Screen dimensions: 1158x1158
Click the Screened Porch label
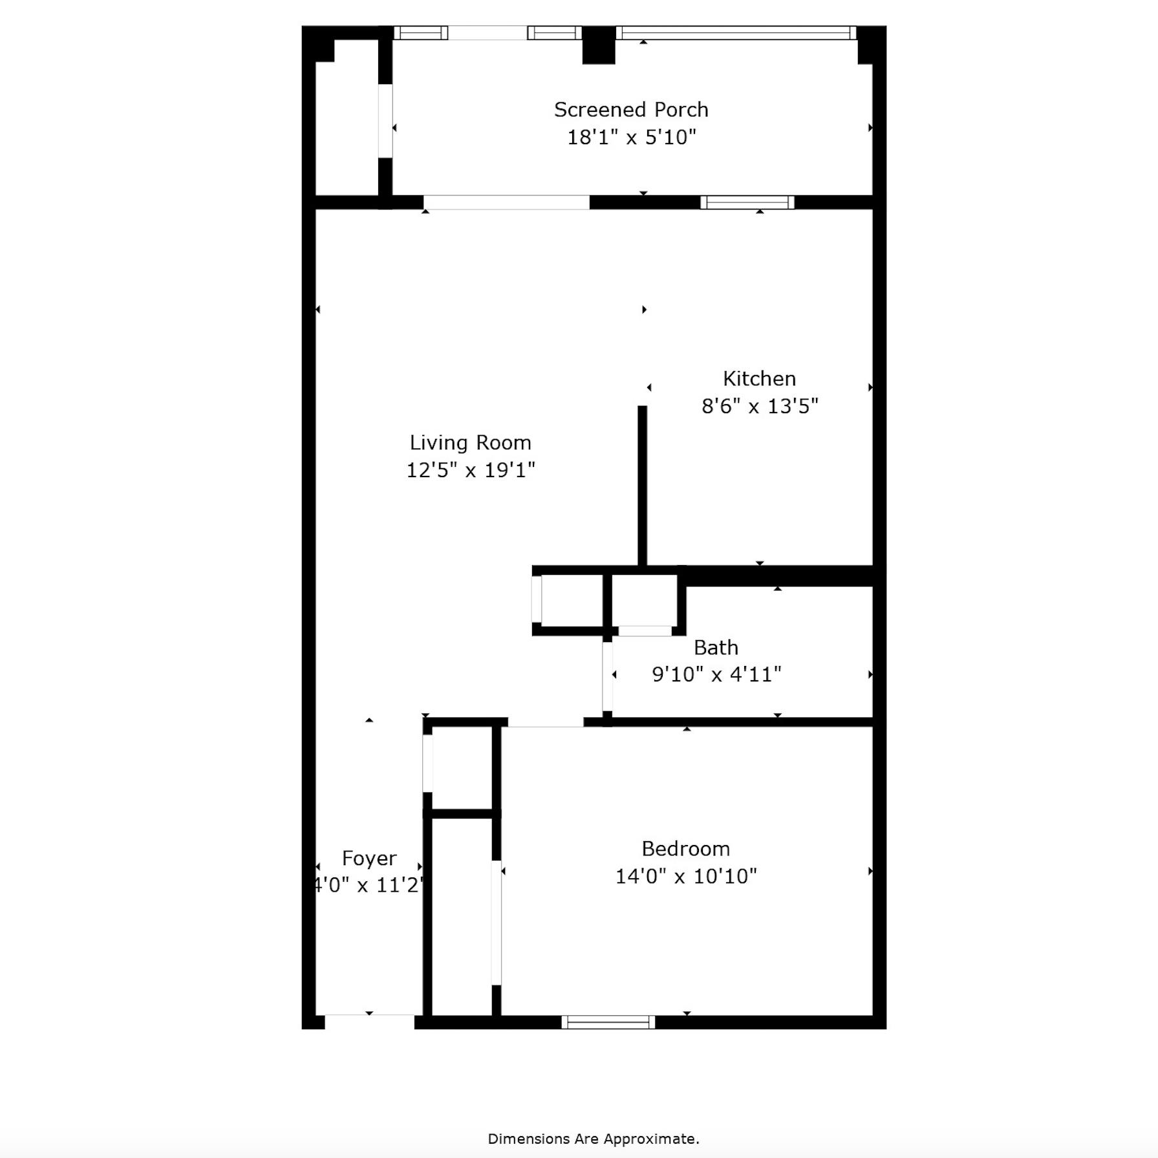pos(631,110)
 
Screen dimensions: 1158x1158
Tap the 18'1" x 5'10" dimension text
pos(631,137)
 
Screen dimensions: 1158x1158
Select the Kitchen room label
pos(759,379)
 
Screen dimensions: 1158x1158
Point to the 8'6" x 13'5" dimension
pos(760,406)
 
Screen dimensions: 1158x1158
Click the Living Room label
pos(470,443)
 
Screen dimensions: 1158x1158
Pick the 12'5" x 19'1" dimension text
pos(470,470)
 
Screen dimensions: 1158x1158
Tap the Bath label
pos(716,647)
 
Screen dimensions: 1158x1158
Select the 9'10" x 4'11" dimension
pos(716,674)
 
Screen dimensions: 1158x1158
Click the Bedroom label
pos(685,849)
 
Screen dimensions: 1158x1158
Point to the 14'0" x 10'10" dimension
pos(685,876)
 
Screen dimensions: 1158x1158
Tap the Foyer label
pos(369,859)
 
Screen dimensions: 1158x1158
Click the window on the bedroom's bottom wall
pos(608,1022)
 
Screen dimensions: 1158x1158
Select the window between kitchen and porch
pos(747,202)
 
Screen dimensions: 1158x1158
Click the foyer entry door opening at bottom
pos(369,1022)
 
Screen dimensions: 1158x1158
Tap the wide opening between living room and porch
pos(506,202)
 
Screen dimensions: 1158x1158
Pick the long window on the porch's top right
pos(736,32)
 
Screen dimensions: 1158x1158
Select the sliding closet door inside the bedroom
pos(496,923)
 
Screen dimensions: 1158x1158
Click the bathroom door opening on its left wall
pos(608,676)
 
